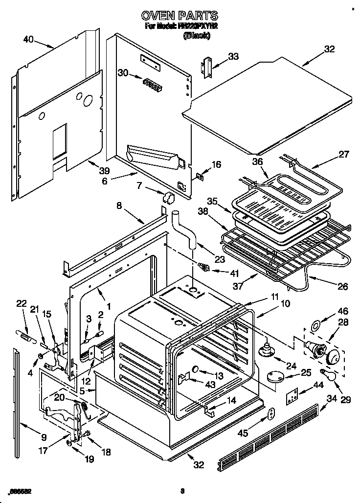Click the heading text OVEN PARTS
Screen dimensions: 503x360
coord(180,16)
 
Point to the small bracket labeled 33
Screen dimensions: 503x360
coord(207,67)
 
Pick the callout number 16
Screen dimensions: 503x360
coord(216,164)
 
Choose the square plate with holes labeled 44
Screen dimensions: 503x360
coord(292,396)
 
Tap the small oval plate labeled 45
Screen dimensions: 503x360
coord(271,414)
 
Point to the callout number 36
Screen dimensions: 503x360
coord(257,162)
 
